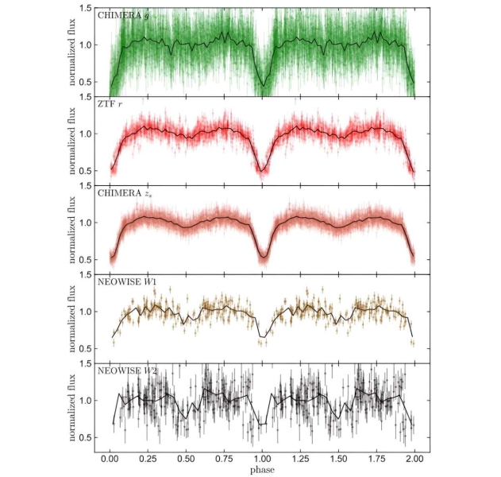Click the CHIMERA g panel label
121,15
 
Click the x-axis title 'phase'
262,471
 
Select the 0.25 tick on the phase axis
148,460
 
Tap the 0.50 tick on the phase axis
186,460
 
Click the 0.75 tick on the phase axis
224,460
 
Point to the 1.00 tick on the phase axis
262,460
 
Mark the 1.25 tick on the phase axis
300,460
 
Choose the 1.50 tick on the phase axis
338,460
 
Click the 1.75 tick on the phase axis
376,460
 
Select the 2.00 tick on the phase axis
414,460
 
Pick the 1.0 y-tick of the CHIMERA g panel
85,45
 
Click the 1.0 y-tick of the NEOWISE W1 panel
85,312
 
